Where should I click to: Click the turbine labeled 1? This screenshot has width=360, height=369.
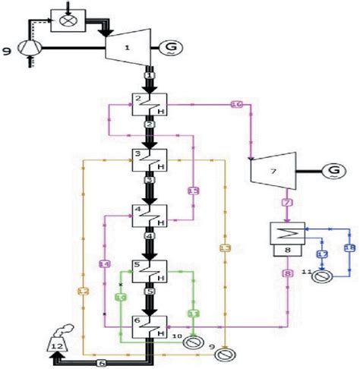pyautogui.click(x=129, y=49)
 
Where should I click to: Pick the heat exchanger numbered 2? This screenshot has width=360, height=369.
pyautogui.click(x=150, y=105)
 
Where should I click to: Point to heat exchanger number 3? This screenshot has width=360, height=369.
pyautogui.click(x=150, y=162)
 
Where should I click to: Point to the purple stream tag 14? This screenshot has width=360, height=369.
pyautogui.click(x=104, y=263)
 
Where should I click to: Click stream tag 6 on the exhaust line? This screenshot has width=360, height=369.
pyautogui.click(x=101, y=363)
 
